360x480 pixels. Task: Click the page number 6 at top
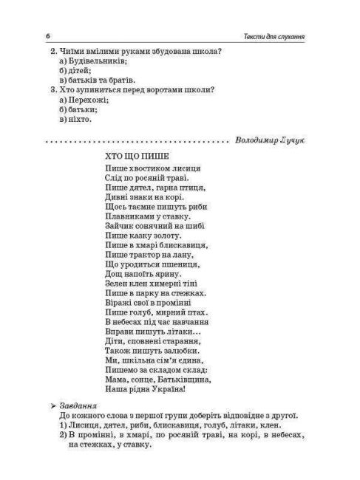tap(47, 36)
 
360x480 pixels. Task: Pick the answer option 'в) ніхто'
tap(80, 119)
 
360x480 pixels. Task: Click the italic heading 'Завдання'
tap(76, 405)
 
